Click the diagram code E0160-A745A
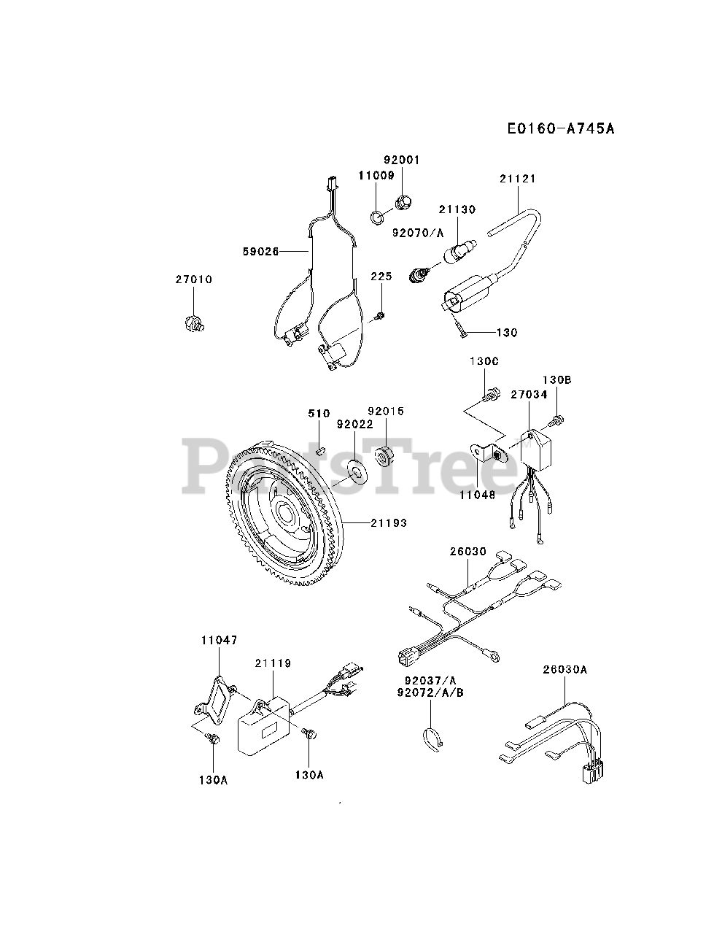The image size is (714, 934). (562, 129)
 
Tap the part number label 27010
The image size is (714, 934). (193, 279)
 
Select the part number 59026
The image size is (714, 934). (260, 251)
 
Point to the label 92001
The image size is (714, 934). (402, 161)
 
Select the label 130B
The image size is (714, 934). (556, 380)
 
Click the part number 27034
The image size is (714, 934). (529, 395)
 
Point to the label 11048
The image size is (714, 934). (478, 494)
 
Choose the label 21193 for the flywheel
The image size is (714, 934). (388, 523)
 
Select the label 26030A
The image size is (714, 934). (564, 670)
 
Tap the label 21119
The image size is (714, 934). (273, 663)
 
